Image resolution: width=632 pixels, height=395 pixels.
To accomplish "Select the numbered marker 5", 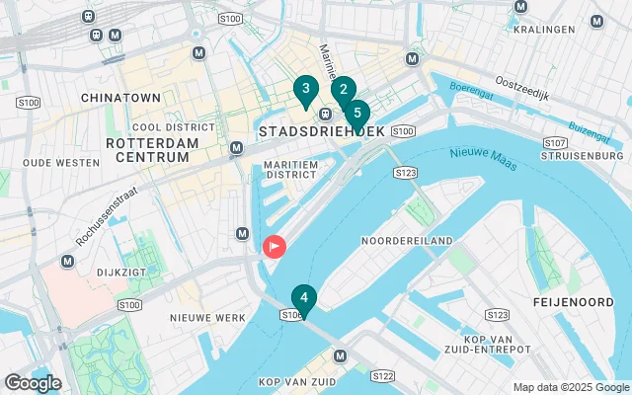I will [x=356, y=113].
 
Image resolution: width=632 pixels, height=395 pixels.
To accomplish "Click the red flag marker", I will [x=273, y=246].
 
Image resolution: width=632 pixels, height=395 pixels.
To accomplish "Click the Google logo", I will [x=33, y=383].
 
